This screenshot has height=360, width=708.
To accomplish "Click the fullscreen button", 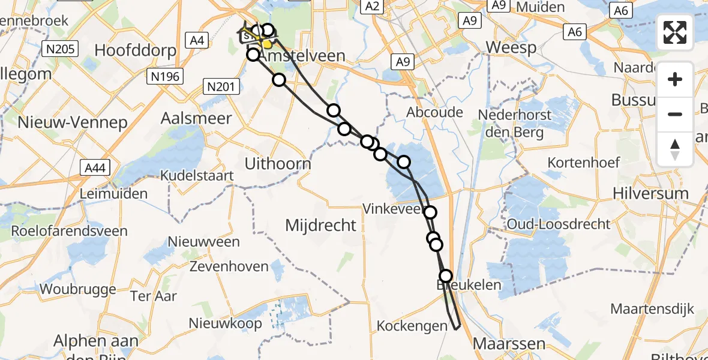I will click(x=675, y=32).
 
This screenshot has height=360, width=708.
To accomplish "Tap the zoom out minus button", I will click(x=675, y=114).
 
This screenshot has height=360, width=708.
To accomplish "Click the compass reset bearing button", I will click(x=675, y=149).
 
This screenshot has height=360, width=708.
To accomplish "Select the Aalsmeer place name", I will click(x=196, y=118).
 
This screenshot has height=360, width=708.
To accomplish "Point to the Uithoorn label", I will click(x=278, y=163).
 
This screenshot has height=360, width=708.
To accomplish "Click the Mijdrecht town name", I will click(x=320, y=226).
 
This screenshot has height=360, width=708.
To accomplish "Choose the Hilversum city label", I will click(x=650, y=193).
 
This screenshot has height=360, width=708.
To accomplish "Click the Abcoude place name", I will click(x=435, y=112).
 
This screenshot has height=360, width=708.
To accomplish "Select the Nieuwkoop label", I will click(x=225, y=323).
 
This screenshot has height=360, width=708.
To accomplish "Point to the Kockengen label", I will click(x=412, y=326).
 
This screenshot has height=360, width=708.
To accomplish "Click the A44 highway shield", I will click(x=95, y=167).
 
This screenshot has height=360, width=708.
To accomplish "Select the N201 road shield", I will click(x=221, y=87).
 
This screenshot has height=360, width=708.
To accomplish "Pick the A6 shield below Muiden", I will click(x=575, y=31).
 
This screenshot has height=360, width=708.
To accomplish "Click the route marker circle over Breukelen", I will click(x=446, y=276).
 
